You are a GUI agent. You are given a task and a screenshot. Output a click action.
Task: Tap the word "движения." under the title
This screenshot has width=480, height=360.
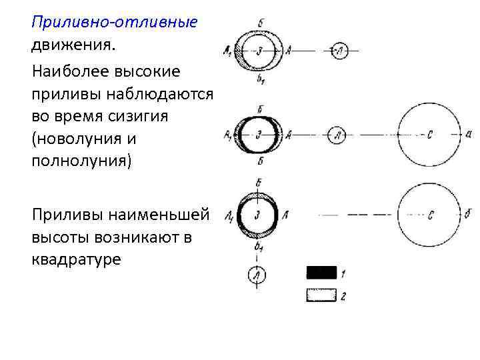click(73, 47)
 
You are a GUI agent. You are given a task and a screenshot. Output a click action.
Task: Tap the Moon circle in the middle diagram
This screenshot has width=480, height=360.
click(339, 134)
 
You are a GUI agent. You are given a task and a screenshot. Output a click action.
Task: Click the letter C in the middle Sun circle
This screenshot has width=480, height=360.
click(430, 134)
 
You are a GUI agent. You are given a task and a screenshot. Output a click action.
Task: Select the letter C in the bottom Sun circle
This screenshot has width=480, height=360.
click(432, 215)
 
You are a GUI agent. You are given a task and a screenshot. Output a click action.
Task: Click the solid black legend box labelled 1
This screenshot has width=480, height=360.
click(321, 272)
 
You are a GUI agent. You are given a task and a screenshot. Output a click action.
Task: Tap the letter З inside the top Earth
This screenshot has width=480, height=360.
click(259, 51)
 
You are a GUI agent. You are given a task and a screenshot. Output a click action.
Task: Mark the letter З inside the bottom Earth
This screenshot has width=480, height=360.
click(257, 215)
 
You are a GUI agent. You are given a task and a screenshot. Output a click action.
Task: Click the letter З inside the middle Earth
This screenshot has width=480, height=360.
click(258, 134)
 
